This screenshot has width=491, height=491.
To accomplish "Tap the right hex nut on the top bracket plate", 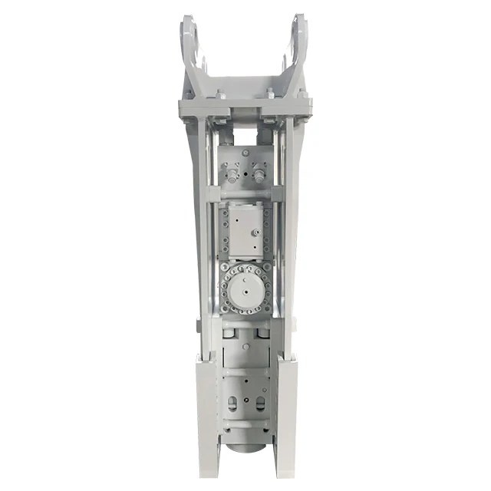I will point(271,95).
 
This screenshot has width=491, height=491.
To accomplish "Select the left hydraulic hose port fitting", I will point(232,176).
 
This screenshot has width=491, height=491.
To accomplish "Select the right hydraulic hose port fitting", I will point(259,176).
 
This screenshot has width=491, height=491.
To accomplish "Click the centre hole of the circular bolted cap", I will point(245,291).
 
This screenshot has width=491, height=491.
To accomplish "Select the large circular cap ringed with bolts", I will point(245,291).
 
